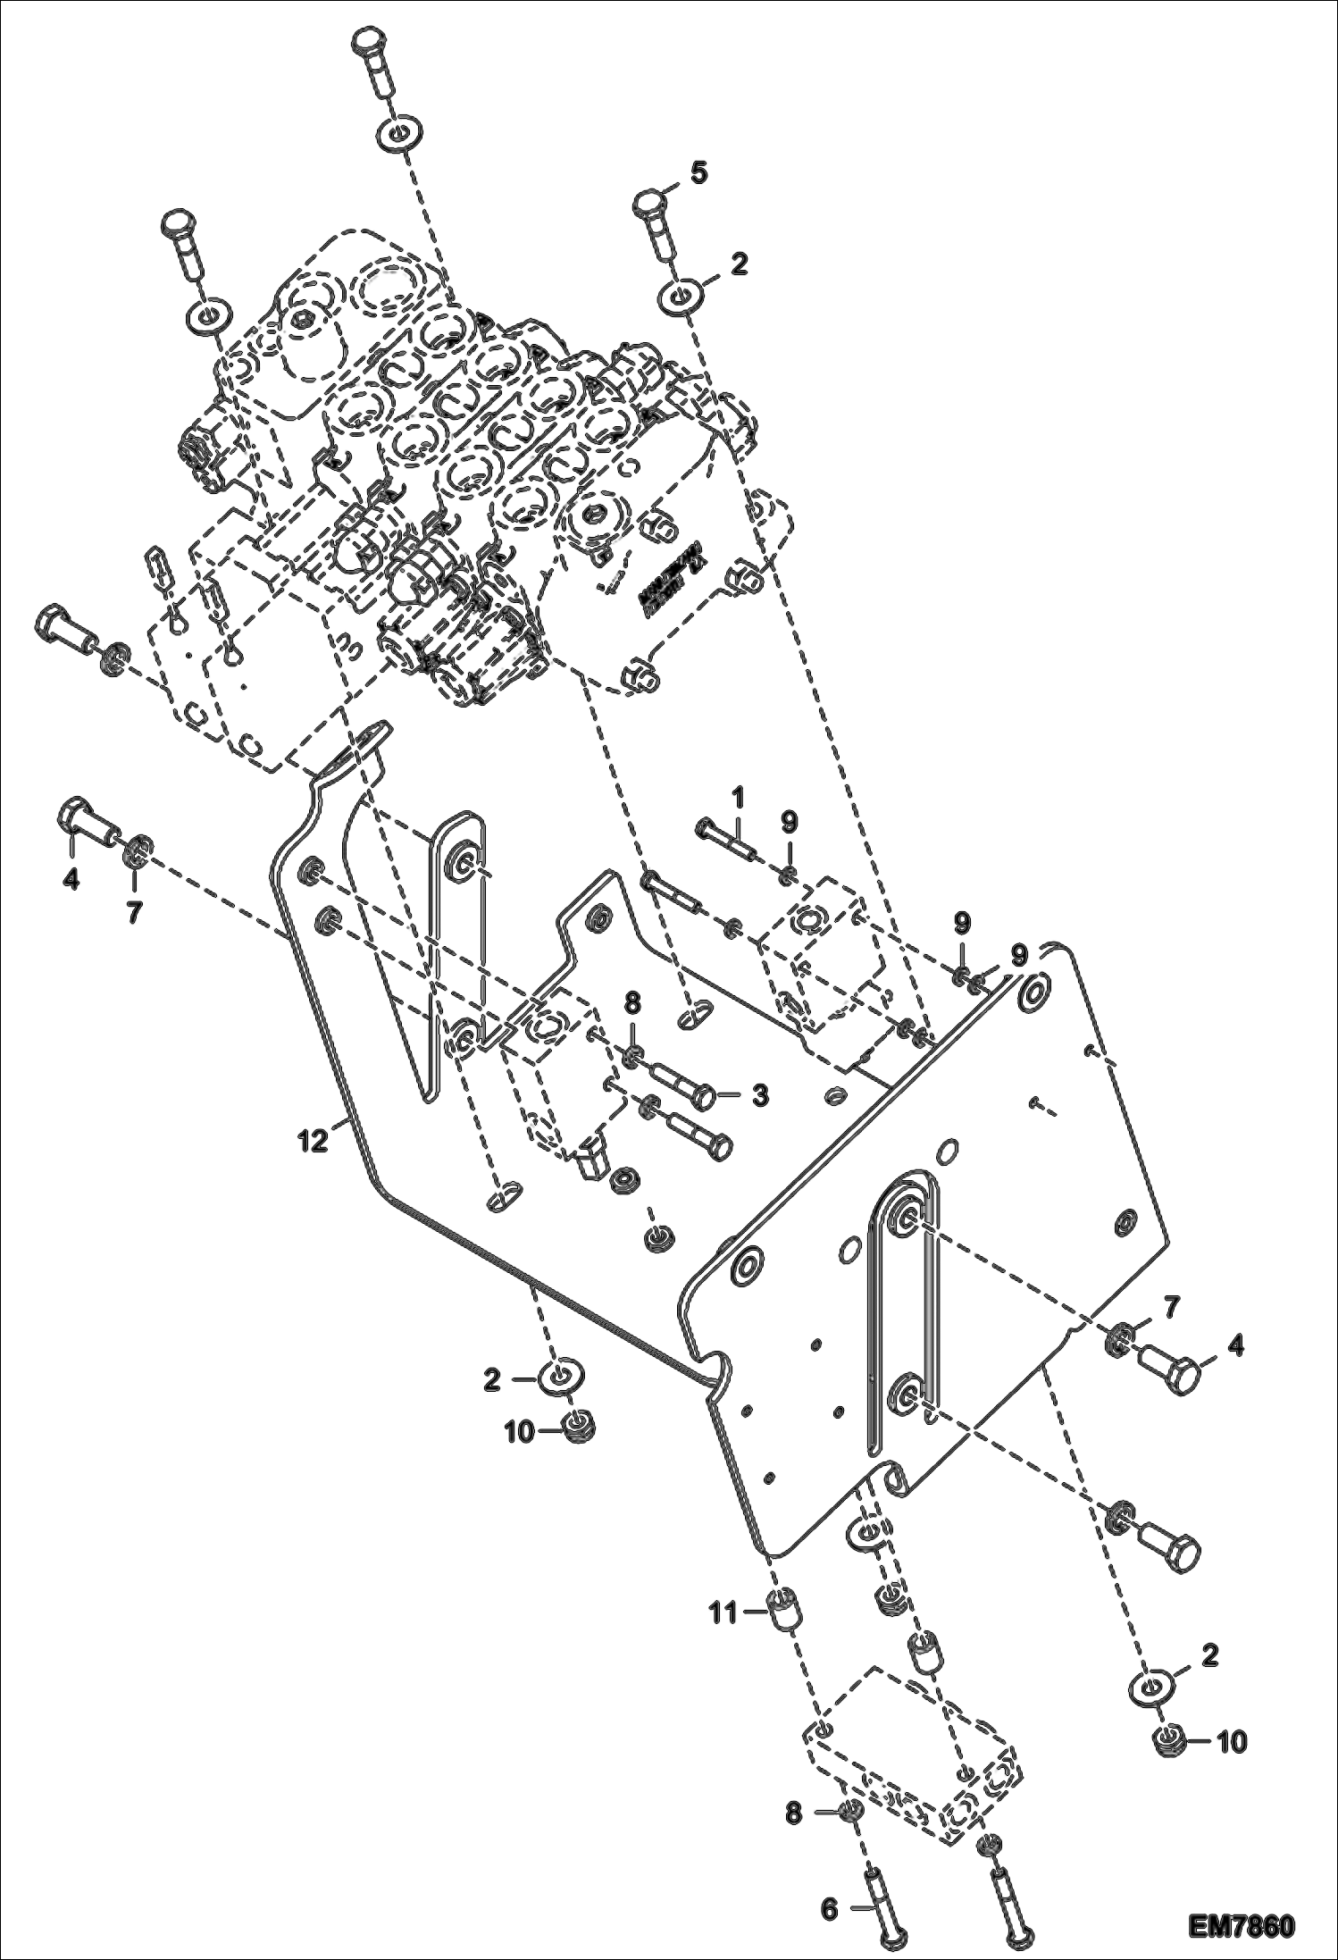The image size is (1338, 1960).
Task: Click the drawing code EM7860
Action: pos(1242,1923)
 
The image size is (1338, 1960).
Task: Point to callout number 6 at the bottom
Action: pos(829,1907)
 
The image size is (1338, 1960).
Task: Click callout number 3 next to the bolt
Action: pos(759,1095)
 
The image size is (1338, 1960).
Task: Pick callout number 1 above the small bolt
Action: pos(738,793)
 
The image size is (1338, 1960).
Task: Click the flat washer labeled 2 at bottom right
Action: pos(1159,1688)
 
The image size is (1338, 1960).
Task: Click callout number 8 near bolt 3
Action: pos(631,1002)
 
